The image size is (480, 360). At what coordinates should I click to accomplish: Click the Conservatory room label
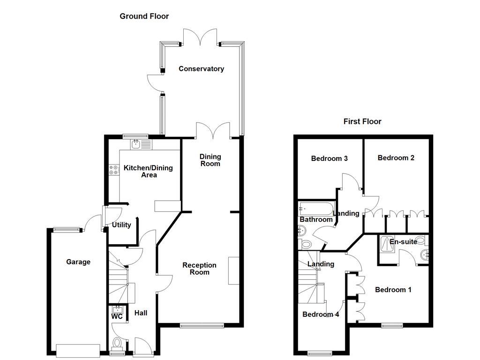[x=201, y=69]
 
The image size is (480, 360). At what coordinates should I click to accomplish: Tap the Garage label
[x=78, y=262]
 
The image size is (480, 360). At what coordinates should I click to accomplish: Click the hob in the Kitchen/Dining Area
[x=114, y=170]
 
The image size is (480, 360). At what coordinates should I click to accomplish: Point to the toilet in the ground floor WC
[x=117, y=345]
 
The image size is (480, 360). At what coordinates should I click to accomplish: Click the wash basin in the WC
[x=117, y=309]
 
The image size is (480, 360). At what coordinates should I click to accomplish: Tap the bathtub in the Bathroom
[x=316, y=209]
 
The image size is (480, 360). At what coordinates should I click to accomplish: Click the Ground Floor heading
[x=144, y=16]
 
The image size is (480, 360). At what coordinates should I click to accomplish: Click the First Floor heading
[x=362, y=121]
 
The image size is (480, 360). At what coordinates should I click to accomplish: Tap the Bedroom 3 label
[x=329, y=158]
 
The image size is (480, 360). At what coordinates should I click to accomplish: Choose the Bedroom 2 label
[x=396, y=158]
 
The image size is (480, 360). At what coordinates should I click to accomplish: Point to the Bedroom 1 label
[x=393, y=290]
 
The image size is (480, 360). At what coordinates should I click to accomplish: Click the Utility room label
[x=121, y=225]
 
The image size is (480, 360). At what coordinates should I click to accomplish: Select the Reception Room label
[x=199, y=269]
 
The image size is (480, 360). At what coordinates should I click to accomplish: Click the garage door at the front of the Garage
[x=78, y=350]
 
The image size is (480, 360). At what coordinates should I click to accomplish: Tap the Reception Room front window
[x=202, y=325]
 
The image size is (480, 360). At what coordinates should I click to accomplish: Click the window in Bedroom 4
[x=320, y=353]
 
